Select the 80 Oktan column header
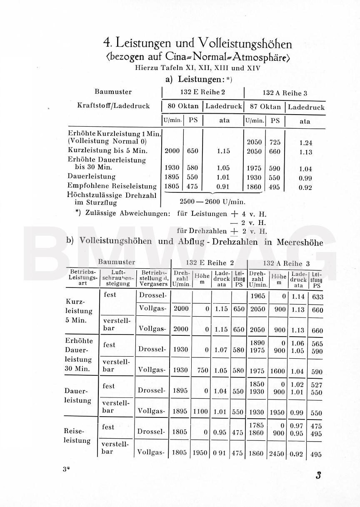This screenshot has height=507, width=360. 183,106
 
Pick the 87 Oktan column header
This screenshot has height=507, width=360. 265,107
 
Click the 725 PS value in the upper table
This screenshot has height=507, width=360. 275,142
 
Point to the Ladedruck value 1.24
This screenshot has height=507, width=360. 305,142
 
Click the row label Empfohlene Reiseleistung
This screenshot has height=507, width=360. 112,186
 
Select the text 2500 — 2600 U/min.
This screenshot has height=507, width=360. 212,202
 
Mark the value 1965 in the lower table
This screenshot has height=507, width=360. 257,296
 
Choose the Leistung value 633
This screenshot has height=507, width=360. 317,297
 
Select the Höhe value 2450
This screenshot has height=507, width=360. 277,453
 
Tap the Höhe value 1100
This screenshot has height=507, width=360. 200,411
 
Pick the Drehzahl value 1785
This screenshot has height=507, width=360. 257,426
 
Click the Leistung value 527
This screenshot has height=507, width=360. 317,385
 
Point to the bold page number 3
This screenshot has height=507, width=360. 318,476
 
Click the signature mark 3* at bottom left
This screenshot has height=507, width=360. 66,469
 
